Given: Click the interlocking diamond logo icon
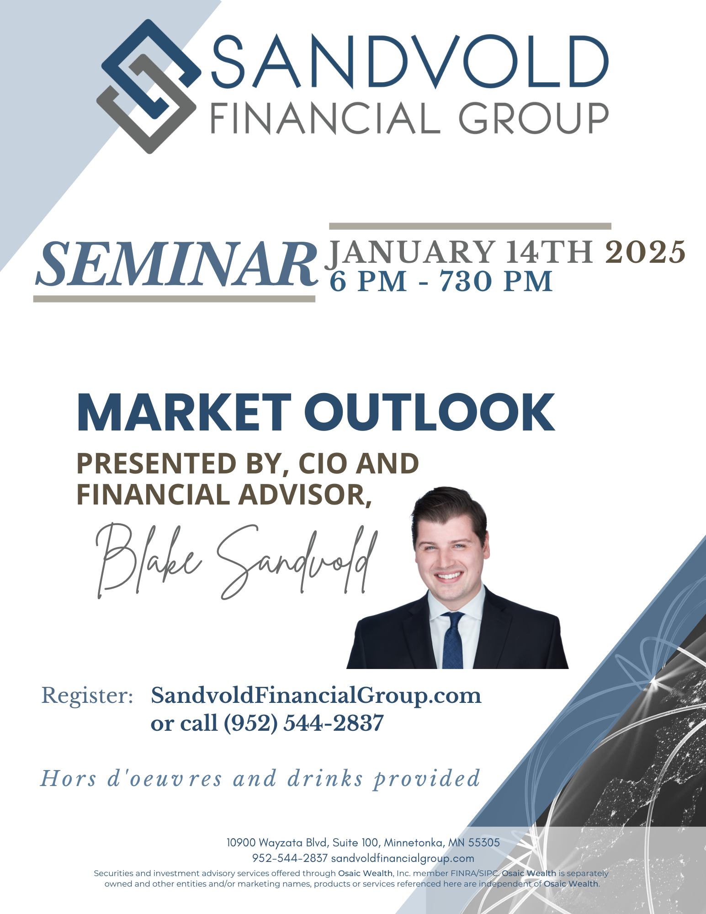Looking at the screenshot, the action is tap(149, 86).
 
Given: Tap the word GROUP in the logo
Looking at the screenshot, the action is tap(533, 118).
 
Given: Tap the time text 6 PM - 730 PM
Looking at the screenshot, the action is tap(441, 282).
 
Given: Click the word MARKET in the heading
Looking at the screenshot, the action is tap(184, 413).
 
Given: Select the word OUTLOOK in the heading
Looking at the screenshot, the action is tap(430, 413).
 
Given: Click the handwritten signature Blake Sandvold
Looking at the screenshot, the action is tap(237, 561).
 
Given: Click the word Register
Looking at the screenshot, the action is tap(87, 696).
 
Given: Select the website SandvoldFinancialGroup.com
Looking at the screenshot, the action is tap(316, 696).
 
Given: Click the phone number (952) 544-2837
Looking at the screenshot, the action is tap(303, 723).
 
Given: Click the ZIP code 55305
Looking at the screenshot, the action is tap(484, 843).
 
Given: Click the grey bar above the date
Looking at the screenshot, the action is tap(470, 226).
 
